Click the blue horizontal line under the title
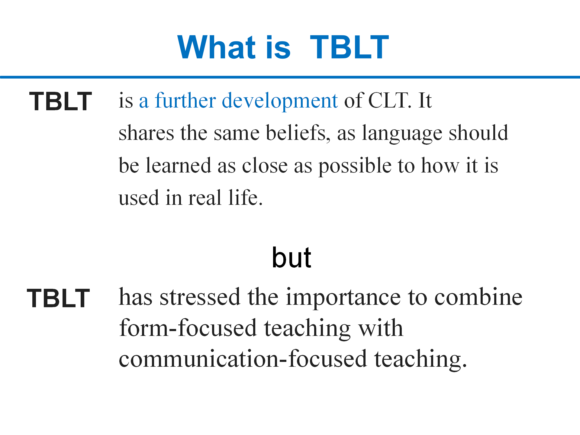click(290, 77)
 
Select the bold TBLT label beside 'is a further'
click(60, 101)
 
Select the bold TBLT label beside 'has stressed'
click(58, 298)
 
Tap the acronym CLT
click(390, 100)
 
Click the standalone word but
click(292, 258)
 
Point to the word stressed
click(200, 297)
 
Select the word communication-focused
click(243, 359)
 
